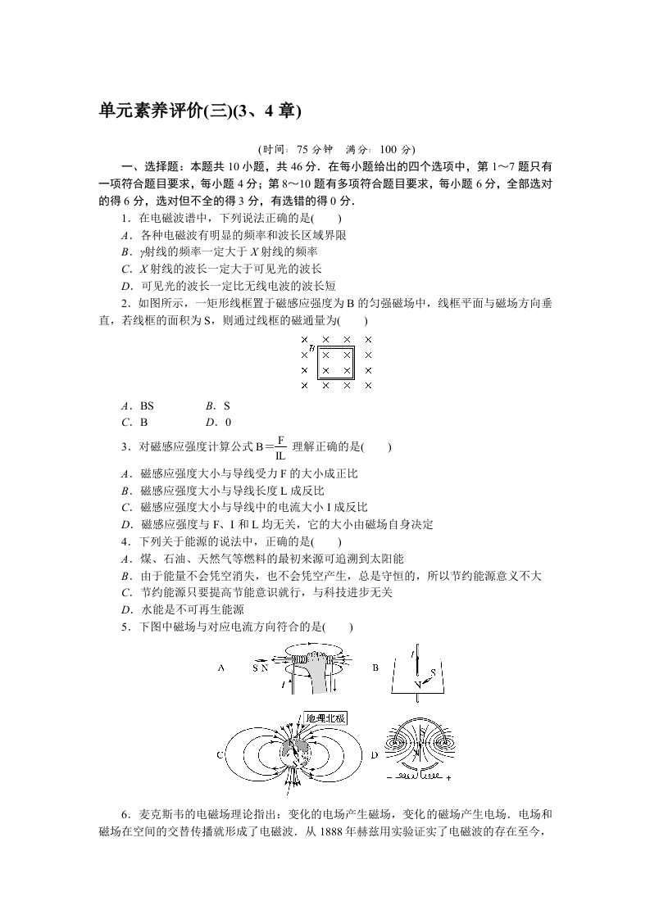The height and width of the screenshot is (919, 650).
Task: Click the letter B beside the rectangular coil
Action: coord(312,347)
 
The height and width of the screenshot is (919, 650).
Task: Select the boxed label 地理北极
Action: coord(325,718)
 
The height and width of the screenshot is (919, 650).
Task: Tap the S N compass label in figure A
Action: coord(261,668)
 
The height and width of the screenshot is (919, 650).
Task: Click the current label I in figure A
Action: coord(283,683)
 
